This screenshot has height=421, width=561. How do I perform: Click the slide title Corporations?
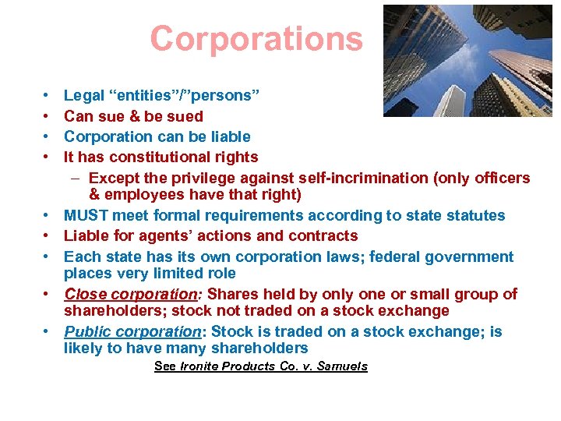point(256,38)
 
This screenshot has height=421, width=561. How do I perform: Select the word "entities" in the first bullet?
point(144,96)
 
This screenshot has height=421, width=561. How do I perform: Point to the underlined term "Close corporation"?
point(129,294)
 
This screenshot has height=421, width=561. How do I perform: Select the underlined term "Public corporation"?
point(133,331)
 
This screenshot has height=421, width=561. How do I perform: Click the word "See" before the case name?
point(164,366)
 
